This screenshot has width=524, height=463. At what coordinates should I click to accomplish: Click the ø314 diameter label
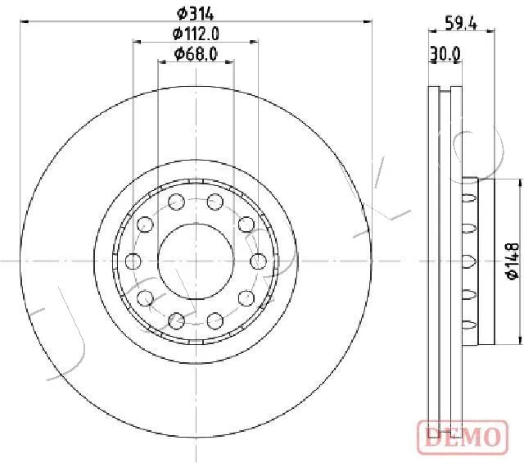pyautogui.click(x=195, y=14)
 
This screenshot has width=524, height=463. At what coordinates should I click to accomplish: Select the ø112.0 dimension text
pyautogui.click(x=196, y=34)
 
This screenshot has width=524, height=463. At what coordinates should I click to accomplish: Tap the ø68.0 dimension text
pyautogui.click(x=196, y=53)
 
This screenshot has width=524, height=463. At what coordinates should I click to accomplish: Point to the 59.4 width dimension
pyautogui.click(x=461, y=23)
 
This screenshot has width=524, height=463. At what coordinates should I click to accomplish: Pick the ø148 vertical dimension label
pyautogui.click(x=513, y=261)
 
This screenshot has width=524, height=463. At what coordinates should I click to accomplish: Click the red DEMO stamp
pyautogui.click(x=463, y=437)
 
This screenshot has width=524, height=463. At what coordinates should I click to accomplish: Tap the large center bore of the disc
pyautogui.click(x=196, y=261)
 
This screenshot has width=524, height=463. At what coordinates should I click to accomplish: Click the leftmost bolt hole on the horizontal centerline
pyautogui.click(x=133, y=261)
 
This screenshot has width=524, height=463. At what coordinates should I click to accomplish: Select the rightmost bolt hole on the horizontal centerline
pyautogui.click(x=259, y=261)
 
